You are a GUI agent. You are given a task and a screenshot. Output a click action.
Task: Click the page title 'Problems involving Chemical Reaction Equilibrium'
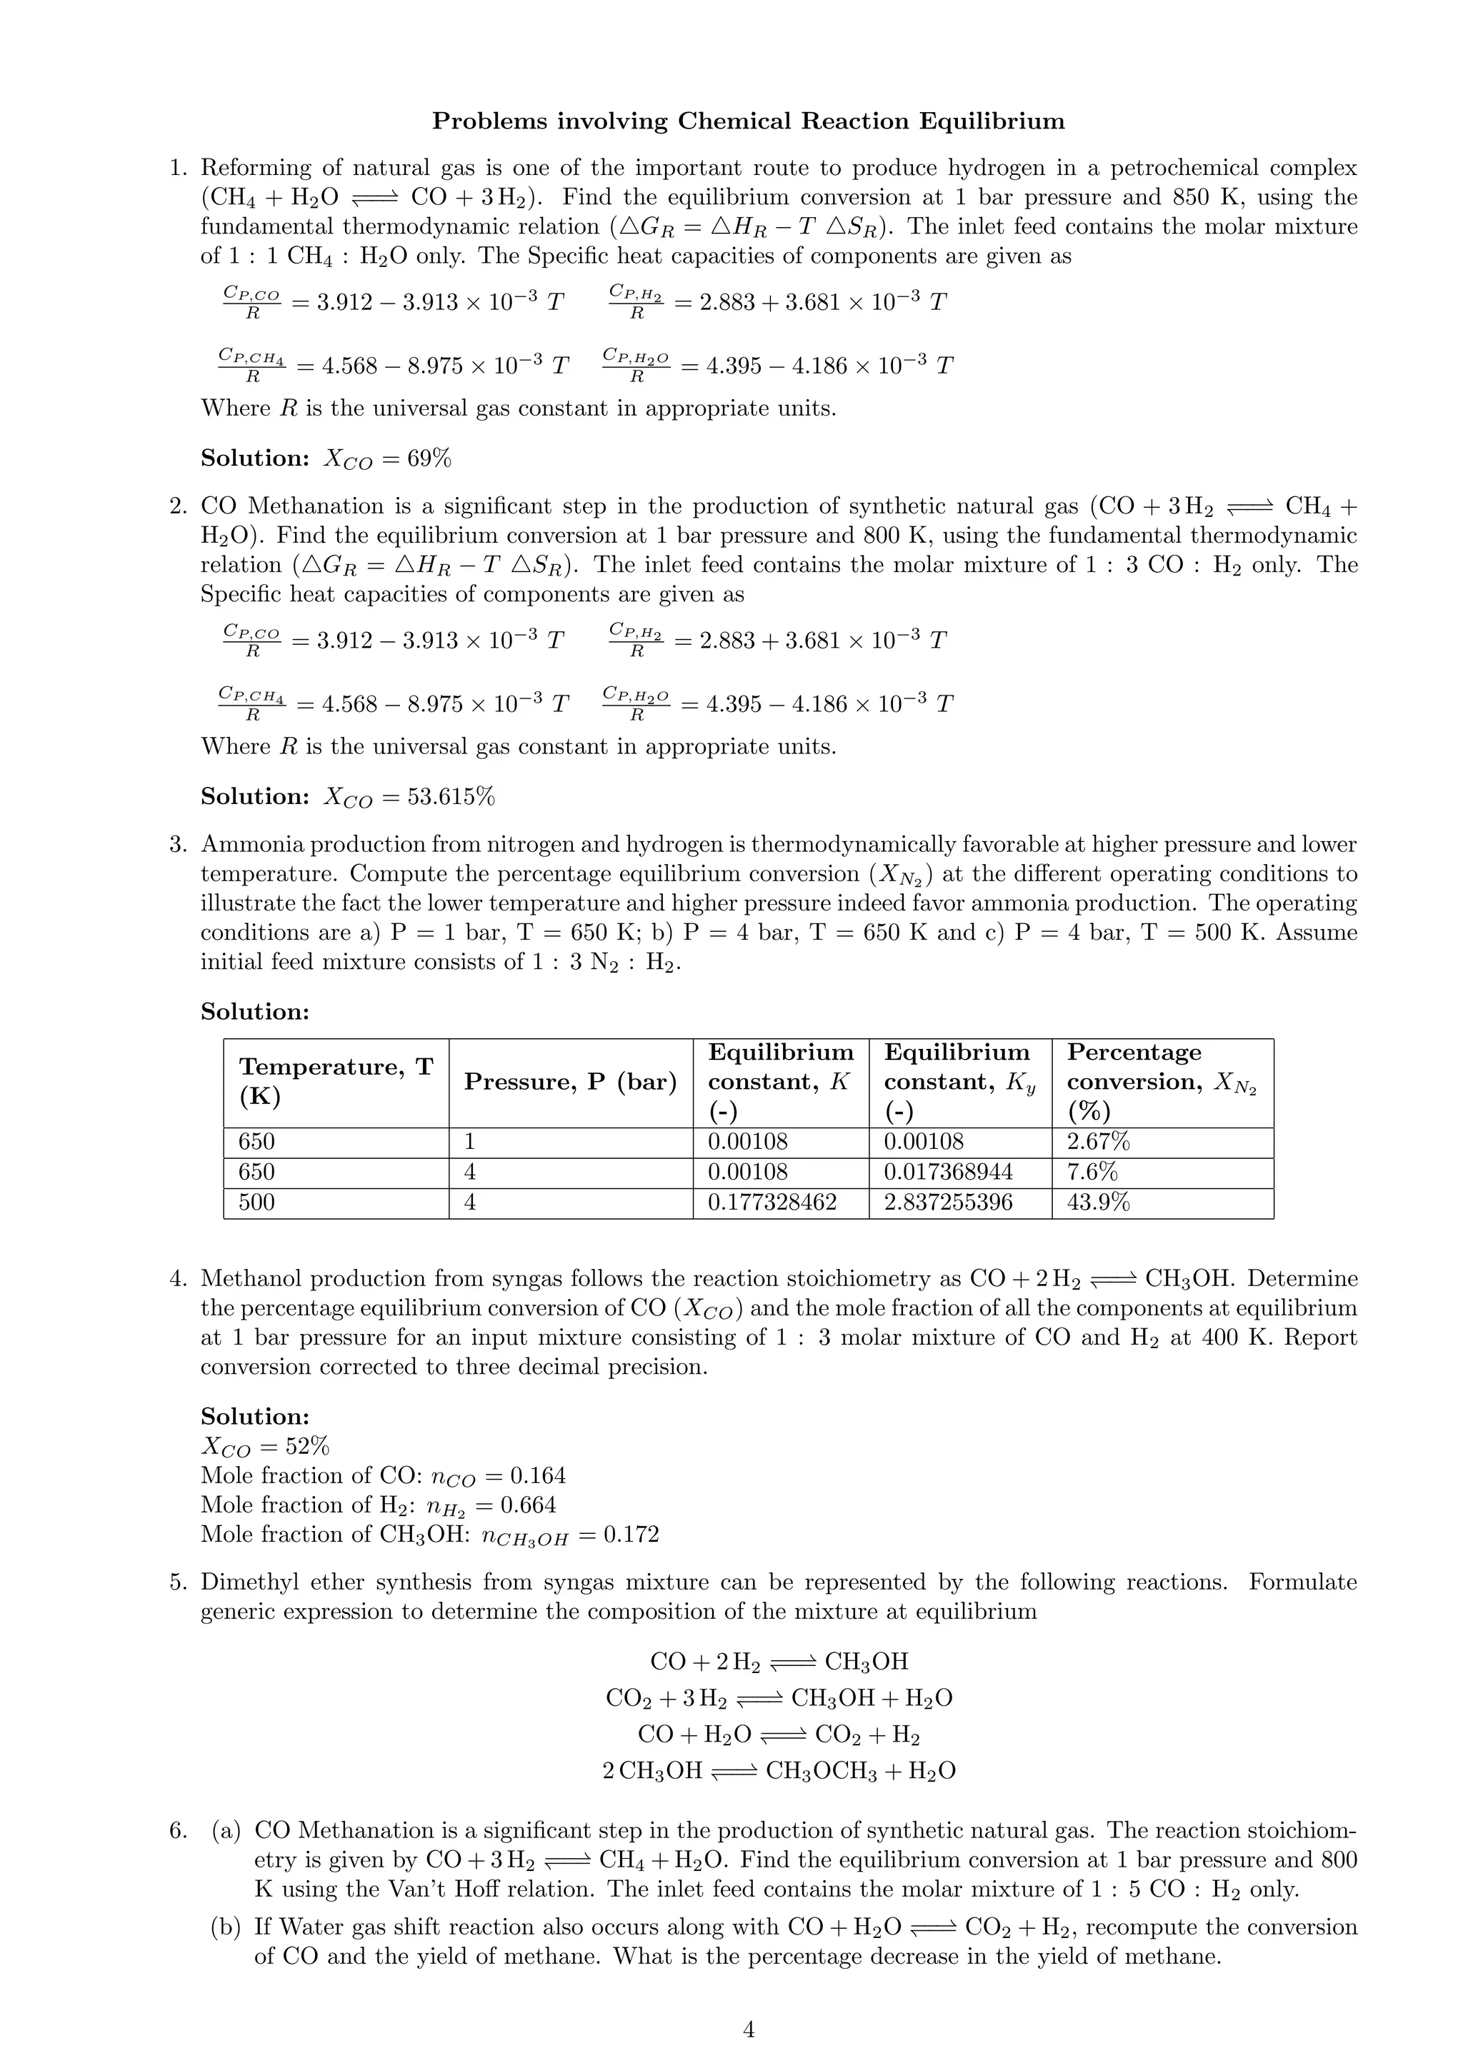748,121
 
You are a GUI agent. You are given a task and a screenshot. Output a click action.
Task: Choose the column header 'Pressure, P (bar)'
570,1082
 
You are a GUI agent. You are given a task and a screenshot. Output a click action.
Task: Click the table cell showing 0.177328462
772,1203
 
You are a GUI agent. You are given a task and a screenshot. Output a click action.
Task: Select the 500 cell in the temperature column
256,1203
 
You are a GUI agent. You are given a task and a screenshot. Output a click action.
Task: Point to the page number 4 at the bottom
748,2029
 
